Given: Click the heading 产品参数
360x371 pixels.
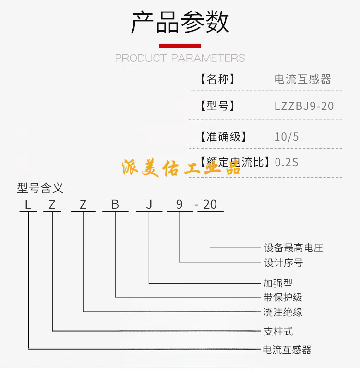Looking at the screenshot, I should point(180,22).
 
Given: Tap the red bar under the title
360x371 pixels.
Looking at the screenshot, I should point(180,46).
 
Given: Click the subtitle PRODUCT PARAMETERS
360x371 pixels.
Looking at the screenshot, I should point(180,59).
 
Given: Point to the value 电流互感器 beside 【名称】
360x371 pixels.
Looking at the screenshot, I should point(302,79).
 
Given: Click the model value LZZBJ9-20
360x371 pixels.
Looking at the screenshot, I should point(304,106).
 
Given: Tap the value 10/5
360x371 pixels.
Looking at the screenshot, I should point(287,137).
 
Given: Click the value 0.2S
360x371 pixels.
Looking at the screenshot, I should point(287,162).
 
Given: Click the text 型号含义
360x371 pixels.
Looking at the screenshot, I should point(40,188).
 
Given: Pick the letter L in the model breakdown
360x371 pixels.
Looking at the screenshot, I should point(28,205).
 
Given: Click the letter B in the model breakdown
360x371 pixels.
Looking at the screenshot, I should point(115,205).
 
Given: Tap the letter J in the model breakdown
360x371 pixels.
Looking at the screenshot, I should point(149,205).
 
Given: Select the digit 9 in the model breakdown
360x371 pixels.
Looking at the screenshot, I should point(180,205).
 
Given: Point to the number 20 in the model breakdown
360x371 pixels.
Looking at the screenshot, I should point(210,205).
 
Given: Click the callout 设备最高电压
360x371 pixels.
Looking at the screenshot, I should point(293,248).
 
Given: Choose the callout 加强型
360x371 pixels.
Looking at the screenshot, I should point(278,283).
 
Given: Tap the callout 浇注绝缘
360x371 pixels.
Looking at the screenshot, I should point(283,312).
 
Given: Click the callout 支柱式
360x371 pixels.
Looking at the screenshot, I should point(278,331).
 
